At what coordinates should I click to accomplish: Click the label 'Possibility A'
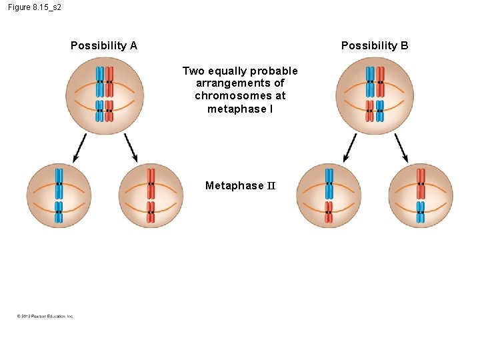point(103,45)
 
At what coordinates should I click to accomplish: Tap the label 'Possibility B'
point(375,45)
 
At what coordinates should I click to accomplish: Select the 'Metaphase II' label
point(239,185)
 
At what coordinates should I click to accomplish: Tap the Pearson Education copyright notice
point(45,316)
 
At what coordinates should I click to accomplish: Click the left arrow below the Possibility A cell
point(79,147)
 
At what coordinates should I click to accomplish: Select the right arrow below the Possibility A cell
point(131,147)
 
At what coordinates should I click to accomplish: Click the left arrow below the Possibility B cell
point(350,147)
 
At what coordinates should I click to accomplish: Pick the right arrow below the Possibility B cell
point(401,147)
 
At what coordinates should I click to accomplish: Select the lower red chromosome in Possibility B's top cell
point(369,111)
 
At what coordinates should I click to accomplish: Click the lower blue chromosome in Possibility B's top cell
point(380,111)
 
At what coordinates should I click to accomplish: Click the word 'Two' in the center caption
point(193,71)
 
